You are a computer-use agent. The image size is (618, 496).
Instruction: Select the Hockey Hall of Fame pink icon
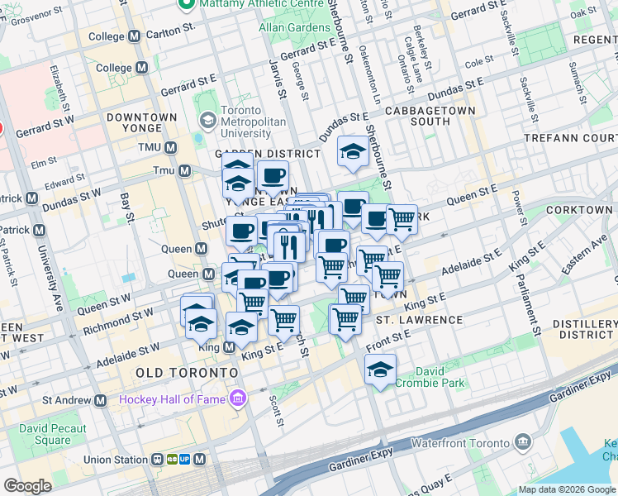pyautogui.click(x=239, y=399)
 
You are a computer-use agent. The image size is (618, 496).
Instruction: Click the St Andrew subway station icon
pyautogui.click(x=101, y=400)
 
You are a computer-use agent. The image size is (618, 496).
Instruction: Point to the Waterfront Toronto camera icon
pyautogui.click(x=522, y=442)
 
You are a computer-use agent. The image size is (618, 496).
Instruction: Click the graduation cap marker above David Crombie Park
pyautogui.click(x=380, y=370)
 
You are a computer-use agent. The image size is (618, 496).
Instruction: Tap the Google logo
pyautogui.click(x=27, y=486)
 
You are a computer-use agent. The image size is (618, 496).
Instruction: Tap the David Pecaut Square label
pyautogui.click(x=45, y=434)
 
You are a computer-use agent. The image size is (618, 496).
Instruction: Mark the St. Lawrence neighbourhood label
pyautogui.click(x=419, y=319)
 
